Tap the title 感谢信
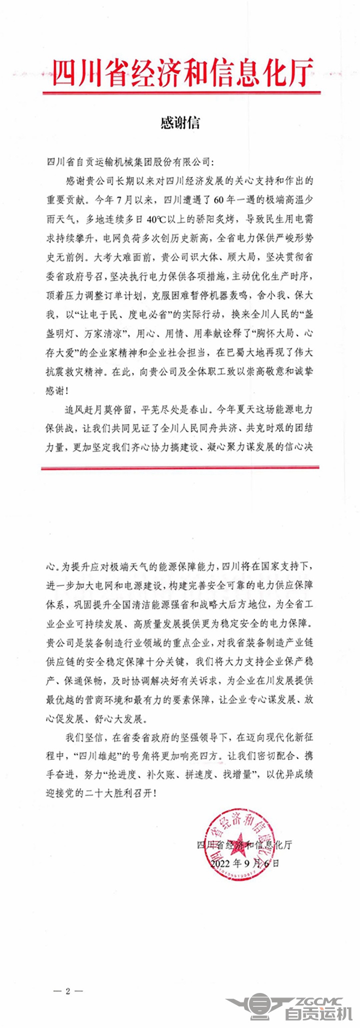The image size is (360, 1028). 180,122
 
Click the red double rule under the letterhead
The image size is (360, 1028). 180,93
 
